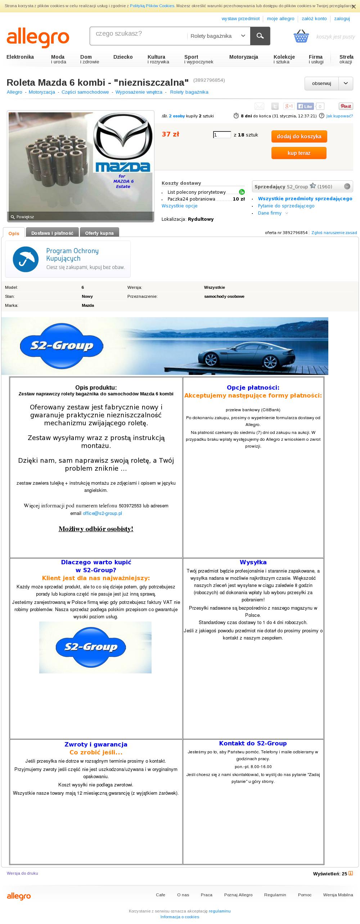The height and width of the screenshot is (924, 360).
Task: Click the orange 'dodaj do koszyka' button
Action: click(x=299, y=136)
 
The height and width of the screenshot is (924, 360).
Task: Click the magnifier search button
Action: click(x=260, y=36)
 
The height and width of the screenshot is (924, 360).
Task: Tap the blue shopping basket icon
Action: click(x=301, y=36)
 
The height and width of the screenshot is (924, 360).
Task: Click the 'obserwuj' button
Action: click(x=321, y=84)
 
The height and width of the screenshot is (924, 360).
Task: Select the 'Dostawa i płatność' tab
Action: click(x=52, y=233)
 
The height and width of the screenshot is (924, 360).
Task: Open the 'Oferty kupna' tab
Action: click(x=99, y=233)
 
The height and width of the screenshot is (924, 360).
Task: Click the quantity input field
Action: click(x=222, y=135)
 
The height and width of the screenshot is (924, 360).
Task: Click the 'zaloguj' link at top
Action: click(x=342, y=19)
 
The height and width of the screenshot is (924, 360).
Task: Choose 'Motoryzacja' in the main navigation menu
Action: click(x=244, y=57)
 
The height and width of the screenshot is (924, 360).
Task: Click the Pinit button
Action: click(x=346, y=106)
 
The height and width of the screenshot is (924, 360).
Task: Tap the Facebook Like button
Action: click(x=305, y=106)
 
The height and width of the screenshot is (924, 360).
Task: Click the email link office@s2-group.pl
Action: click(x=102, y=513)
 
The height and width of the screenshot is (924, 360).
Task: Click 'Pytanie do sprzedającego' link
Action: click(x=286, y=206)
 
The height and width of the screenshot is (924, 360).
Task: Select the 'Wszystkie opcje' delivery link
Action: click(x=179, y=206)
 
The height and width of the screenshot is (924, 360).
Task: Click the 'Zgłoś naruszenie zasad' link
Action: click(x=334, y=233)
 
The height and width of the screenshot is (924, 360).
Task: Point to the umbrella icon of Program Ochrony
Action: click(x=26, y=259)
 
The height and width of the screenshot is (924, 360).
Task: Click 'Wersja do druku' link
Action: click(x=22, y=873)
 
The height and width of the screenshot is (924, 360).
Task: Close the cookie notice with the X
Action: click(x=354, y=6)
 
